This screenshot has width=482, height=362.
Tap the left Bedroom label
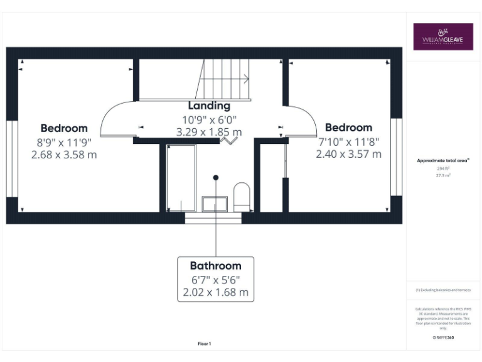point(64,128)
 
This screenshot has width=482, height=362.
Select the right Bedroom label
point(348,128)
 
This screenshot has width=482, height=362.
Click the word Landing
point(209,106)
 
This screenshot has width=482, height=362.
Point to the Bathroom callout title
point(215,266)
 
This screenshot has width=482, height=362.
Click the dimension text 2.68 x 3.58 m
point(64,154)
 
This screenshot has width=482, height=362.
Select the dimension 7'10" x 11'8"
point(348,141)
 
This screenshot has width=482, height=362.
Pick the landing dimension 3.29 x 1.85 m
point(209,132)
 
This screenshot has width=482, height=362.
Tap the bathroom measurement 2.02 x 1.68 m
point(215,292)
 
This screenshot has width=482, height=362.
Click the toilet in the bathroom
point(242,196)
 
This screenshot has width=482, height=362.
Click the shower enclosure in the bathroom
point(181,178)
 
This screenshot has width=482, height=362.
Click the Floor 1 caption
point(205,344)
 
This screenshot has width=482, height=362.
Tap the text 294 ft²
point(443,168)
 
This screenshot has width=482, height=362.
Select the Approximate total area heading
point(443,160)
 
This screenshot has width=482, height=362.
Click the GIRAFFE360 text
point(443,337)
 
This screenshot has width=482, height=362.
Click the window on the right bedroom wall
point(395,156)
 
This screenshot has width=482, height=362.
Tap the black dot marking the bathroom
point(215,178)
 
